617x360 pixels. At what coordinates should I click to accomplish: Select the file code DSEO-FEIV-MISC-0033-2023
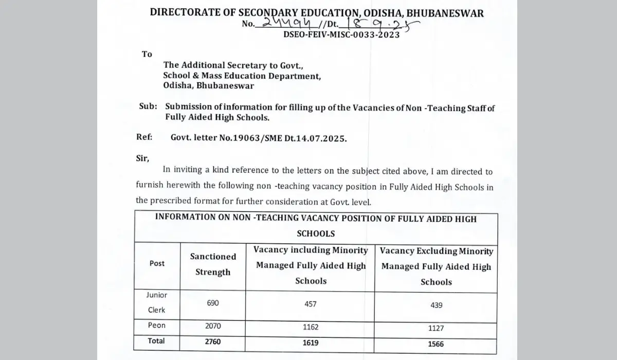(341, 34)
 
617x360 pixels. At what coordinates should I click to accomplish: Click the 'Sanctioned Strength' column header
(213, 264)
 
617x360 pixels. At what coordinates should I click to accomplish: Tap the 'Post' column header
(157, 263)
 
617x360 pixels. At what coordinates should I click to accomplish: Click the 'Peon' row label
(157, 326)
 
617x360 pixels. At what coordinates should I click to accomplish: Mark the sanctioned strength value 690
(212, 303)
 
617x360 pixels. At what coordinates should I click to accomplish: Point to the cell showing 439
(436, 304)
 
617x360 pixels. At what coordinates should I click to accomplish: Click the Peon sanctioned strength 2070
(212, 326)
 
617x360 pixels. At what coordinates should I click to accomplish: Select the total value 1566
(436, 344)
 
